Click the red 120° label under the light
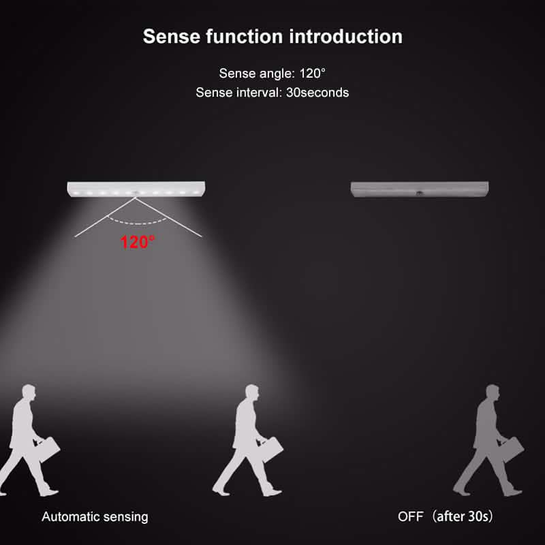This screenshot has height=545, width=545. [x=138, y=241]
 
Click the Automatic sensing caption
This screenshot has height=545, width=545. [x=95, y=516]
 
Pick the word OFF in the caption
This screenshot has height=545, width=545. [x=411, y=516]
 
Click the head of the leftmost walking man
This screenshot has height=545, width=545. [x=29, y=393]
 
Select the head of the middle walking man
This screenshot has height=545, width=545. [x=251, y=393]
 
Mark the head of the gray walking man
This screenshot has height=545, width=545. [x=493, y=393]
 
